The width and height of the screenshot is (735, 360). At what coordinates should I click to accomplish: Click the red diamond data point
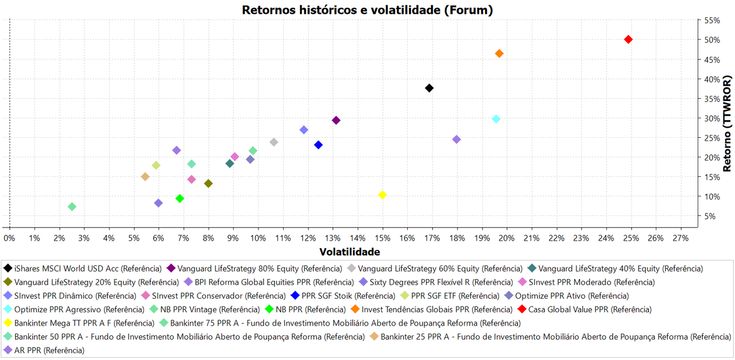pyautogui.click(x=628, y=39)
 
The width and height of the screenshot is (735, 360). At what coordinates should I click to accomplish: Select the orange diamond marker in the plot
pyautogui.click(x=499, y=53)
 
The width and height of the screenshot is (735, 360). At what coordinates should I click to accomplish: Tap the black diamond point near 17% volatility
pyautogui.click(x=429, y=88)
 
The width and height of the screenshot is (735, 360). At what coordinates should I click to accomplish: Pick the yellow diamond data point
pyautogui.click(x=382, y=195)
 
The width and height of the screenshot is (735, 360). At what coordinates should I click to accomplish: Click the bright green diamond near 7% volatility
pyautogui.click(x=180, y=199)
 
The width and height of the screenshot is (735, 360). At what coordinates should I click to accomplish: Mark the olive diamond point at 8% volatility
pyautogui.click(x=208, y=184)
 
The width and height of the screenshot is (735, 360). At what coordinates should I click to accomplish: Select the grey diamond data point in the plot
pyautogui.click(x=274, y=142)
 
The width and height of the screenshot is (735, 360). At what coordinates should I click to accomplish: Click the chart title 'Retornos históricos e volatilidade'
pyautogui.click(x=367, y=10)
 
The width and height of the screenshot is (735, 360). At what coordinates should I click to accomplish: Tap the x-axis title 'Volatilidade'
pyautogui.click(x=349, y=251)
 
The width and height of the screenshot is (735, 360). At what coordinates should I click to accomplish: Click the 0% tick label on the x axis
pyautogui.click(x=9, y=238)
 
